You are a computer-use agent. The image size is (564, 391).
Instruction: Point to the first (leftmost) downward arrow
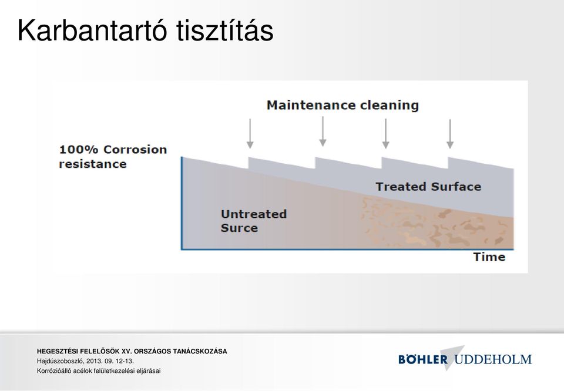pyautogui.click(x=250, y=134)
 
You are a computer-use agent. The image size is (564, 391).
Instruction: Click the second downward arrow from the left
pyautogui.click(x=323, y=132)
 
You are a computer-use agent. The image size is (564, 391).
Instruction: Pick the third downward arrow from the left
pyautogui.click(x=385, y=134)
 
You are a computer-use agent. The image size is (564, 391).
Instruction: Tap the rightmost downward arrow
pyautogui.click(x=450, y=134)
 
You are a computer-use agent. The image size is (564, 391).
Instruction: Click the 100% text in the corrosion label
pyautogui.click(x=78, y=150)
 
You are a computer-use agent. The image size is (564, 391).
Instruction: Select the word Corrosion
pyautogui.click(x=135, y=150)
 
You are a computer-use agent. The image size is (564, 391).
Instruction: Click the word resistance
pyautogui.click(x=93, y=164)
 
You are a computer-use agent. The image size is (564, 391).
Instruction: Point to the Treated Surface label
pyautogui.click(x=428, y=187)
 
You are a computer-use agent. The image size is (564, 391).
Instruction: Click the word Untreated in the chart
pyautogui.click(x=254, y=214)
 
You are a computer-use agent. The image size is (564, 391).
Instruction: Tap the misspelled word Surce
pyautogui.click(x=239, y=228)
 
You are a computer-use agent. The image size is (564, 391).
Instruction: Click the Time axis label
pyautogui.click(x=489, y=257)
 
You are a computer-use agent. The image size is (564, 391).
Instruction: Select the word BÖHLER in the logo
pyautogui.click(x=423, y=359)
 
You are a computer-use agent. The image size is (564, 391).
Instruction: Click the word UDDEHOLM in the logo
pyautogui.click(x=493, y=359)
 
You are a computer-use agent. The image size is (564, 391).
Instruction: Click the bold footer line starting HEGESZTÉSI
pyautogui.click(x=132, y=351)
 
